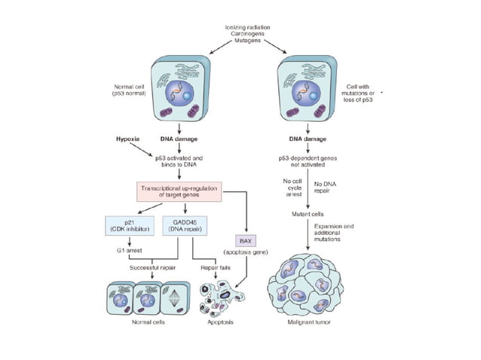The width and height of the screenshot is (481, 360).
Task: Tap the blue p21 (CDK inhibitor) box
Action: click(126, 224)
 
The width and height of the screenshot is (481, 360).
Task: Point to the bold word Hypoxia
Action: click(127, 139)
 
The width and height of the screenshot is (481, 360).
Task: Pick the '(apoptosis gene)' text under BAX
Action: click(246, 252)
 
